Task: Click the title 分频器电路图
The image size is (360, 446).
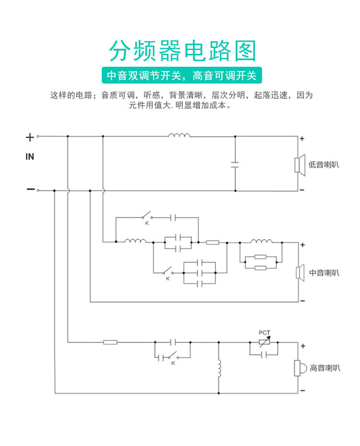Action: (182, 51)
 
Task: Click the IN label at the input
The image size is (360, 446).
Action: (30, 157)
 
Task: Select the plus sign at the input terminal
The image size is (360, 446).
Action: (30, 138)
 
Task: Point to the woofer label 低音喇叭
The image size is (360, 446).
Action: (324, 165)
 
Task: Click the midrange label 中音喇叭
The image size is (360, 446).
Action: (324, 273)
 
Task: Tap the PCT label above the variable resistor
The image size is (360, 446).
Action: (264, 333)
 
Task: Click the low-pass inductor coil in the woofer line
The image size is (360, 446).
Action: (179, 135)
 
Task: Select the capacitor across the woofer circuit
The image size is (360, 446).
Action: (235, 164)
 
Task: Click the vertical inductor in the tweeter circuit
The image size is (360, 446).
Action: (219, 368)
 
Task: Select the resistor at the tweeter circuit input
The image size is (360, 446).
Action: (110, 342)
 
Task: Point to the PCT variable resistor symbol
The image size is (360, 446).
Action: (264, 342)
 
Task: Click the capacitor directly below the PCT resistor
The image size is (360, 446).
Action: (264, 355)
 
